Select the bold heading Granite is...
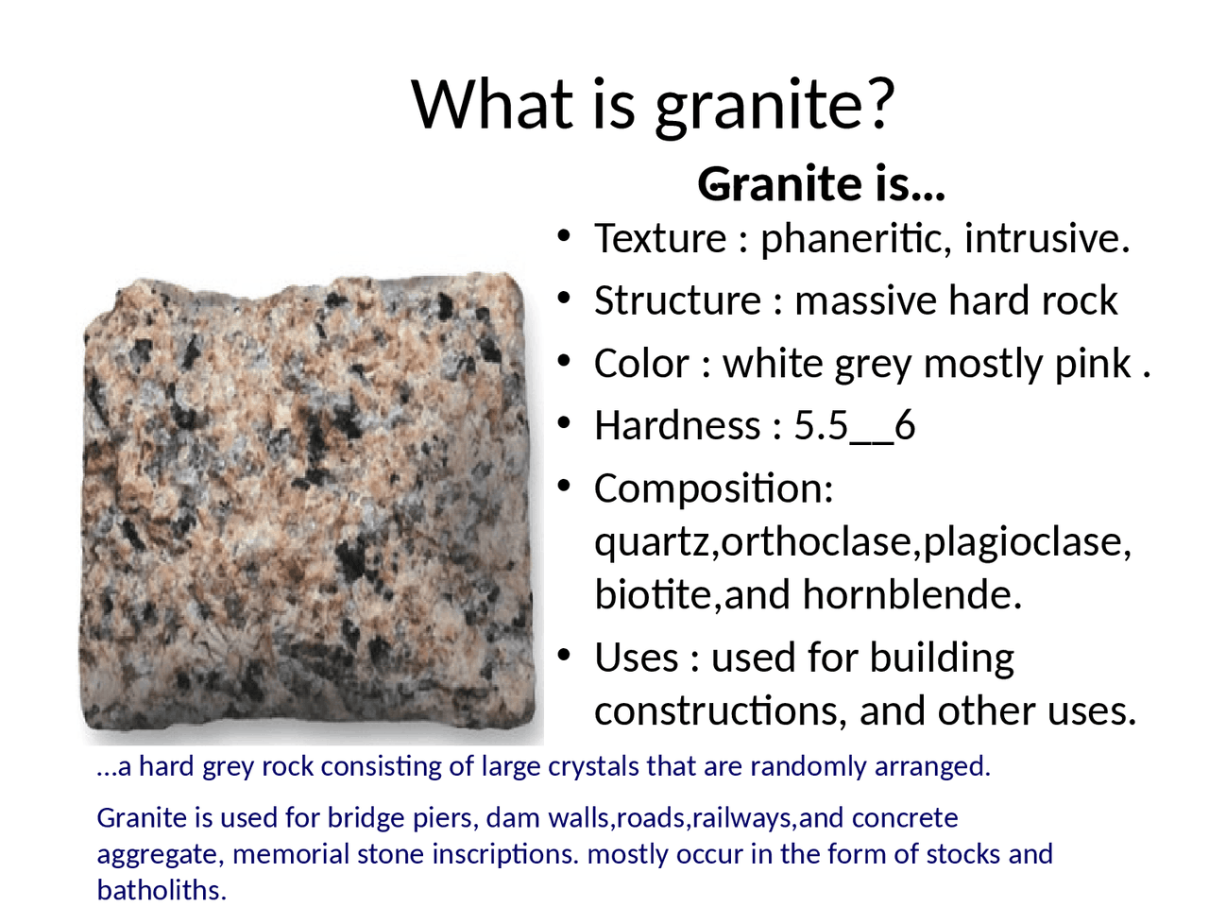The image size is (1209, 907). (x=820, y=183)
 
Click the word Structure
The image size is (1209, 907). (x=677, y=300)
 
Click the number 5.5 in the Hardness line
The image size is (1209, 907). (x=820, y=426)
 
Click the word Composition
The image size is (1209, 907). (x=713, y=488)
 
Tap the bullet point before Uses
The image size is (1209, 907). (x=564, y=655)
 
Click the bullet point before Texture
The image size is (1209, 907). (x=564, y=236)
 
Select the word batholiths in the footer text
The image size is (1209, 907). (x=161, y=890)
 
